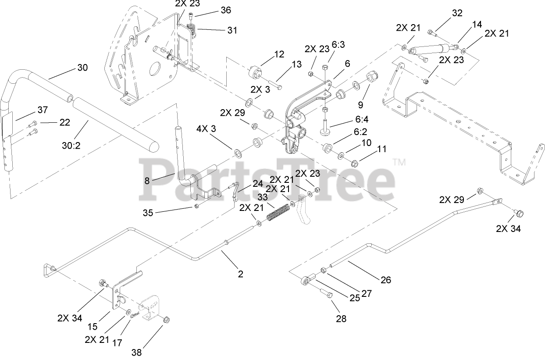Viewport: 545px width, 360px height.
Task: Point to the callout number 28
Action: [341, 318]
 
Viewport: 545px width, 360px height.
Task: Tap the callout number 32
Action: [457, 13]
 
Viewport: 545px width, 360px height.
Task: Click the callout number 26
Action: [385, 279]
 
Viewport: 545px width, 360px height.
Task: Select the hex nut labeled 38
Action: [167, 321]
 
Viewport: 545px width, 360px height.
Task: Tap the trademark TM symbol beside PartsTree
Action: [399, 162]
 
